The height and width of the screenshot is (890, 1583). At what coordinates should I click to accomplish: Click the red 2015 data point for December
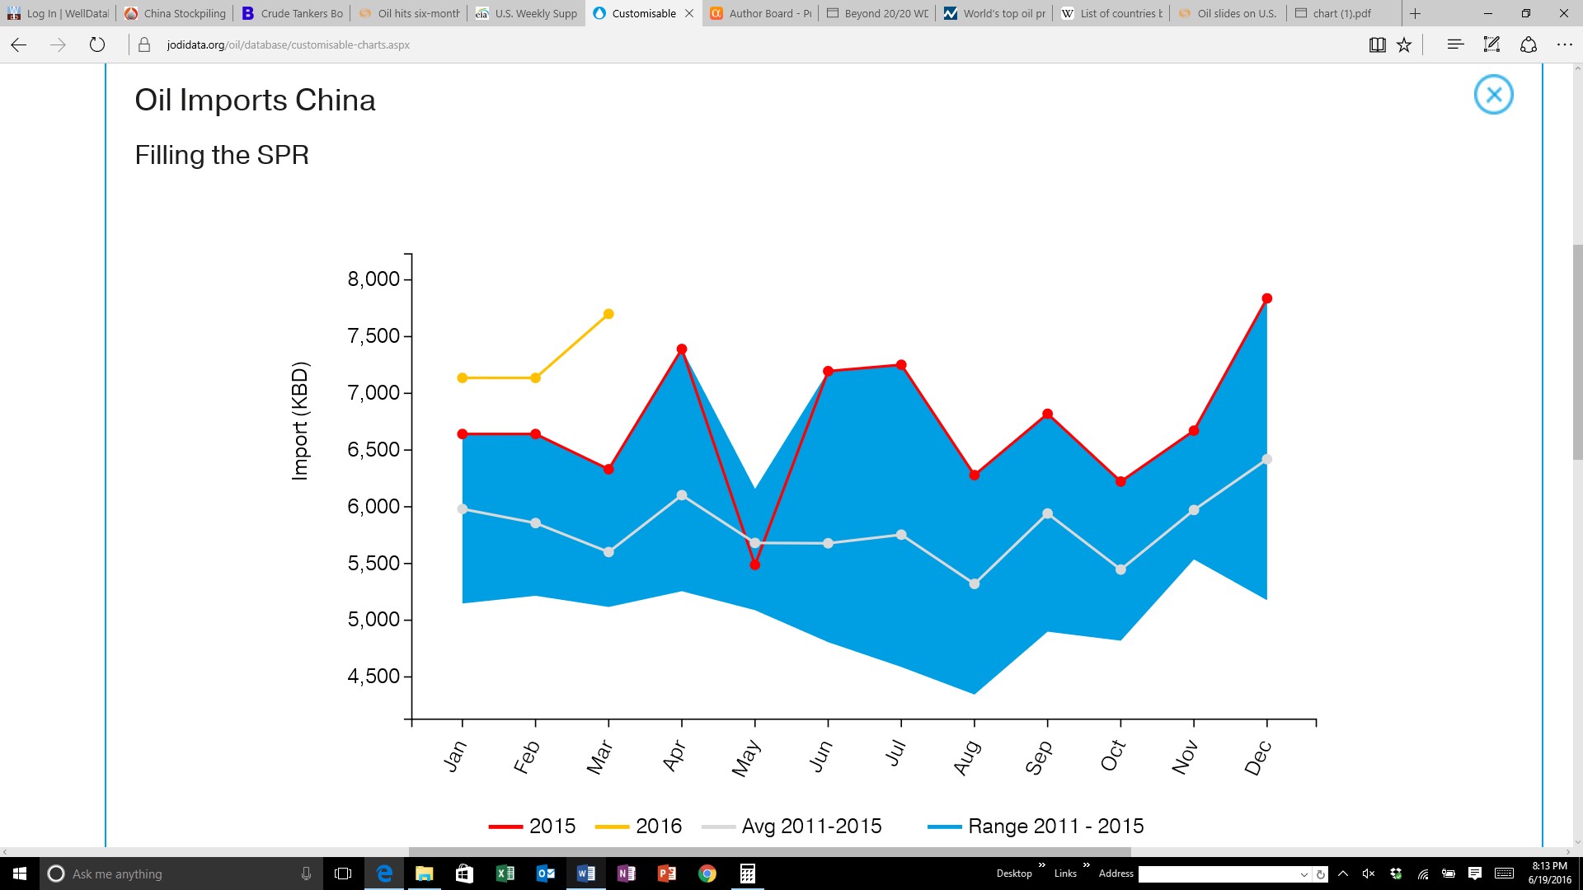click(x=1267, y=298)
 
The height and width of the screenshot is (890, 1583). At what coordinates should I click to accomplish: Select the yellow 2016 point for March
click(x=608, y=314)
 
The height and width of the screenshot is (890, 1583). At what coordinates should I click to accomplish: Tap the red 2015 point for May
click(x=754, y=564)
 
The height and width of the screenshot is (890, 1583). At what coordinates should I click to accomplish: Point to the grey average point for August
click(x=975, y=583)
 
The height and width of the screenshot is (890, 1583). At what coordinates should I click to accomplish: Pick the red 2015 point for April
click(x=682, y=349)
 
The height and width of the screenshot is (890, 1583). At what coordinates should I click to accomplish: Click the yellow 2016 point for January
click(x=463, y=378)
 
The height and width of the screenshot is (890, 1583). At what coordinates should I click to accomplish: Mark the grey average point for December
click(x=1267, y=459)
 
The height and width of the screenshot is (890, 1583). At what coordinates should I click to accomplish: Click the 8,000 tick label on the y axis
click(x=373, y=279)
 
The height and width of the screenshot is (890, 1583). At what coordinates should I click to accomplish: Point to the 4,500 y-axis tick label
click(x=373, y=677)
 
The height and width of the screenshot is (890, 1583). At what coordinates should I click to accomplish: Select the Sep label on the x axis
click(x=1039, y=757)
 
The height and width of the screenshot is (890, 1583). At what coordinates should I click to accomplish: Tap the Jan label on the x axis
click(x=455, y=756)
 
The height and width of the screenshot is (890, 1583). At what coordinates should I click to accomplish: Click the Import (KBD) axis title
click(x=300, y=421)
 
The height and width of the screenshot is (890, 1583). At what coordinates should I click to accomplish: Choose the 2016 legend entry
click(x=638, y=826)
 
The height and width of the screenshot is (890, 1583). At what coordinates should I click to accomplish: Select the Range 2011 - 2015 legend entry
click(x=1036, y=826)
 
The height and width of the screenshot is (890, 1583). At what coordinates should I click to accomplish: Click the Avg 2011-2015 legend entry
click(x=791, y=826)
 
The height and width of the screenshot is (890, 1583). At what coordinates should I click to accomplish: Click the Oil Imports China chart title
click(x=255, y=100)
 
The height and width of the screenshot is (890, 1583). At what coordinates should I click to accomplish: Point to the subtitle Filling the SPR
click(x=222, y=155)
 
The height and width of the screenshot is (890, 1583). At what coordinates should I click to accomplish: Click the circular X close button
click(x=1493, y=95)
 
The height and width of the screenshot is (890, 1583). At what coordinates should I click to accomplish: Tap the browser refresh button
click(x=97, y=44)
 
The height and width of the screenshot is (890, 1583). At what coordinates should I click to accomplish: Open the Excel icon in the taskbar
click(x=505, y=874)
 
